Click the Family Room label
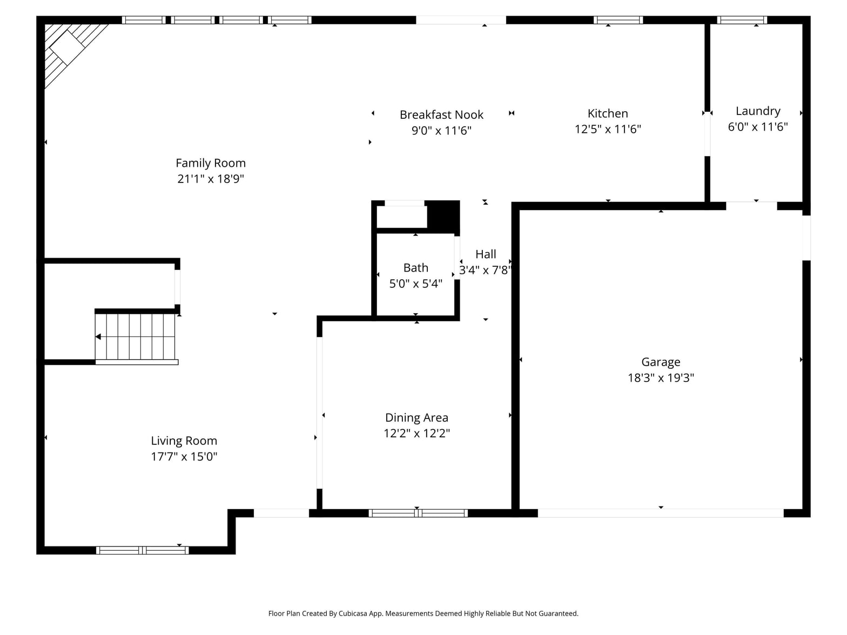point(210,163)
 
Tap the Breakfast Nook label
point(441,114)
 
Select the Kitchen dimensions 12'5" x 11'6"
point(608,129)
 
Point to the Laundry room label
point(758,111)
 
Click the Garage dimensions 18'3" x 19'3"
point(661,377)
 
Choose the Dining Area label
point(416,417)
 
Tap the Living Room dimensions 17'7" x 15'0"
point(184,456)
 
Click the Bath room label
point(415,268)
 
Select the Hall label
point(486,254)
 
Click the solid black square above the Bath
point(443,215)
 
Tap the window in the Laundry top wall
point(742,20)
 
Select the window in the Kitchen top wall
point(618,20)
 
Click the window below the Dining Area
point(418,513)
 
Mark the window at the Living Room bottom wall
point(143,550)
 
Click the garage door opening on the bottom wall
point(661,513)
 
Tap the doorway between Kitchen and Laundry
point(707,134)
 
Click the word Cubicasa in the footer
point(353,613)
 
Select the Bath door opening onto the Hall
point(457,258)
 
